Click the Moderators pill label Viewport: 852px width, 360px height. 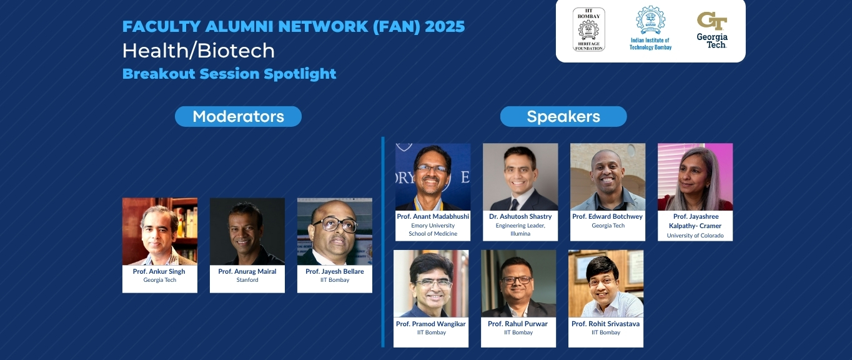point(238,116)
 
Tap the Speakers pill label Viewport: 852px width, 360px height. point(563,116)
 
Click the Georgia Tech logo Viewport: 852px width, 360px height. point(712,30)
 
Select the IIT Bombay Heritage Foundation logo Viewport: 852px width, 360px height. point(589,29)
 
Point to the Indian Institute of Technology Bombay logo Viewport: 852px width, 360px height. point(650,28)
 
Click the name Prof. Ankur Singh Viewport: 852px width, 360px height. point(159,271)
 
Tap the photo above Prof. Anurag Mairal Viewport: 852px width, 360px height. point(247,231)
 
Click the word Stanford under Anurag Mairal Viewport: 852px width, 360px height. point(247,280)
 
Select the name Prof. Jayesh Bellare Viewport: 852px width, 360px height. point(335,271)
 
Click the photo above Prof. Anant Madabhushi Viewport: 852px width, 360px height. point(433,177)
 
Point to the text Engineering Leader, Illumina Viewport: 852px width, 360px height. point(520,229)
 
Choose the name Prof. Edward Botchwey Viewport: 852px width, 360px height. point(607,216)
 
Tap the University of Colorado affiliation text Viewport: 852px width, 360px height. point(695,236)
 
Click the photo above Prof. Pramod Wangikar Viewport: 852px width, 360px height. point(431,284)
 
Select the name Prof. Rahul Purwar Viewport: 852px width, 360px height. point(518,324)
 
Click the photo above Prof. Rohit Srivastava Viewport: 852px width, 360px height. point(606,284)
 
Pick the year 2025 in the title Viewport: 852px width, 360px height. point(445,27)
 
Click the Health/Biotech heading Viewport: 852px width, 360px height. point(198,51)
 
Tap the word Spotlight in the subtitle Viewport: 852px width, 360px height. point(300,74)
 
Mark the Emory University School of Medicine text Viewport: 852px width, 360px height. point(433,229)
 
